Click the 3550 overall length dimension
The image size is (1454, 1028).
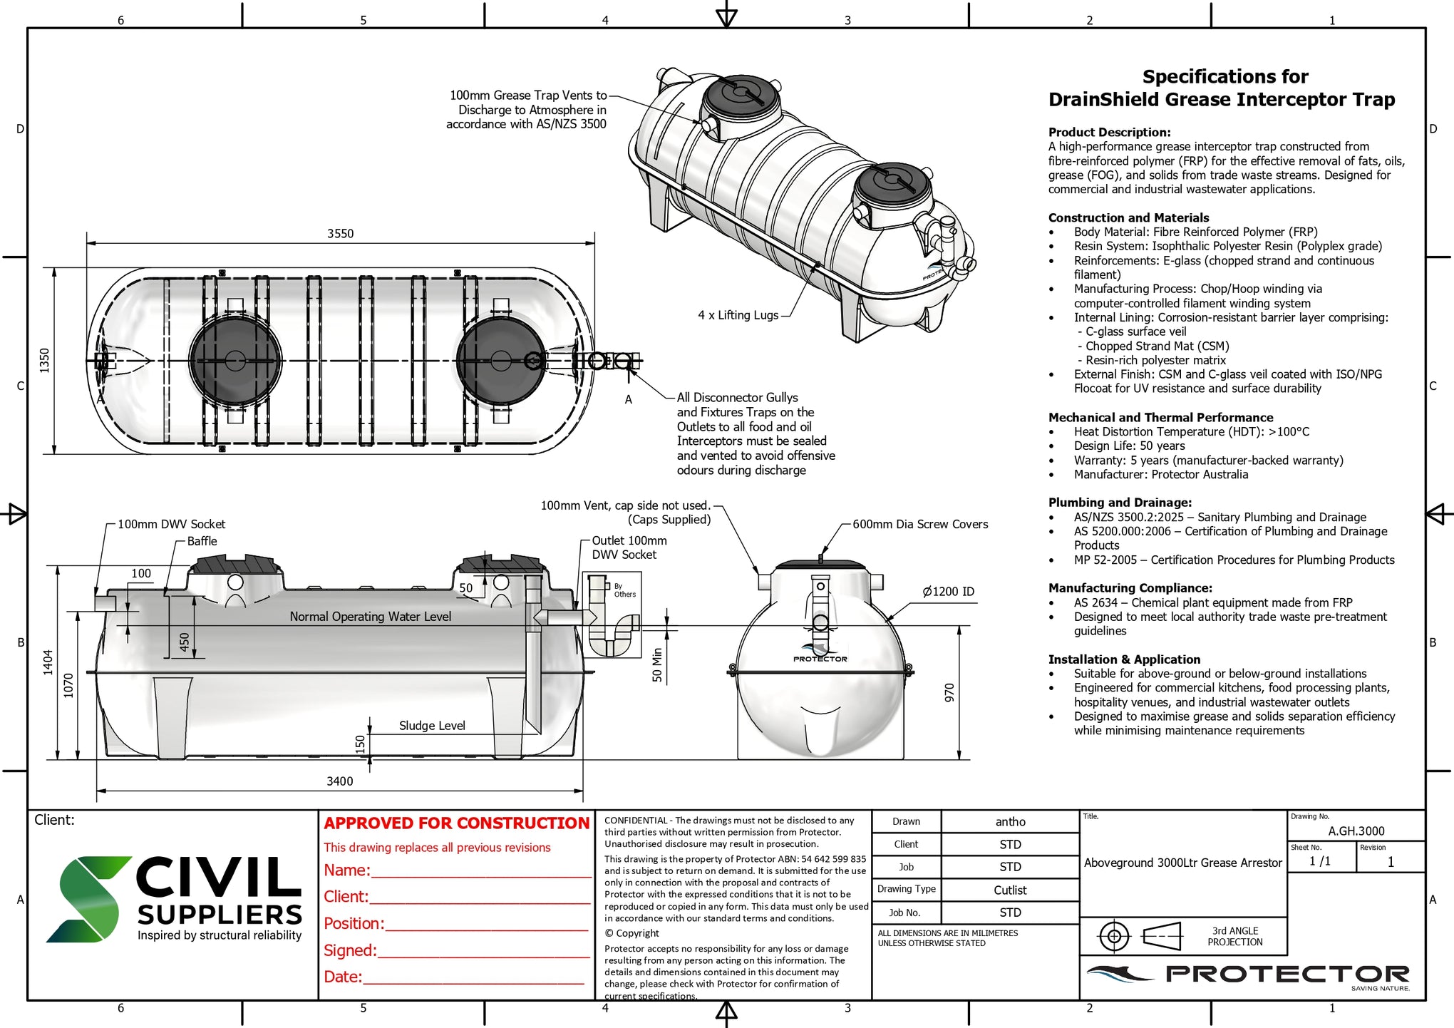pyautogui.click(x=340, y=234)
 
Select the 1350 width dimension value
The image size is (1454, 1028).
pyautogui.click(x=45, y=360)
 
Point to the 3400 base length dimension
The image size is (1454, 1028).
pyautogui.click(x=339, y=781)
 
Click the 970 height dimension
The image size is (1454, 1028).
pyautogui.click(x=949, y=692)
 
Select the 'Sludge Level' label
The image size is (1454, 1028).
pyautogui.click(x=432, y=726)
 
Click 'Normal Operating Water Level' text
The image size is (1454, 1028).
pyautogui.click(x=370, y=617)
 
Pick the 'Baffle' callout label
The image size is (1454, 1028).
pyautogui.click(x=202, y=541)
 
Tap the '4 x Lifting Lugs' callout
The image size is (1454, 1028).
pyautogui.click(x=738, y=315)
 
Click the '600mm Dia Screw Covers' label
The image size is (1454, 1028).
pyautogui.click(x=919, y=524)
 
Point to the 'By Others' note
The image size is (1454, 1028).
pyautogui.click(x=624, y=590)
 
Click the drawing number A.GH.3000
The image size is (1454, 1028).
pyautogui.click(x=1356, y=831)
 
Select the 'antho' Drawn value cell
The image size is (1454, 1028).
pyautogui.click(x=1010, y=822)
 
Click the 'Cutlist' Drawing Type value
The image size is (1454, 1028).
pyautogui.click(x=1010, y=890)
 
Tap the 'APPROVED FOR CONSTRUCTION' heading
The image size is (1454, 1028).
pyautogui.click(x=456, y=823)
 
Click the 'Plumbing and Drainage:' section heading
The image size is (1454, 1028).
pyautogui.click(x=1119, y=503)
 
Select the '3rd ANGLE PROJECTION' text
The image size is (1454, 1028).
pyautogui.click(x=1234, y=936)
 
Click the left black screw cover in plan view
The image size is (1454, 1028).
pyautogui.click(x=235, y=360)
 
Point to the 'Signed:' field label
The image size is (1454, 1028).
pyautogui.click(x=350, y=951)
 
